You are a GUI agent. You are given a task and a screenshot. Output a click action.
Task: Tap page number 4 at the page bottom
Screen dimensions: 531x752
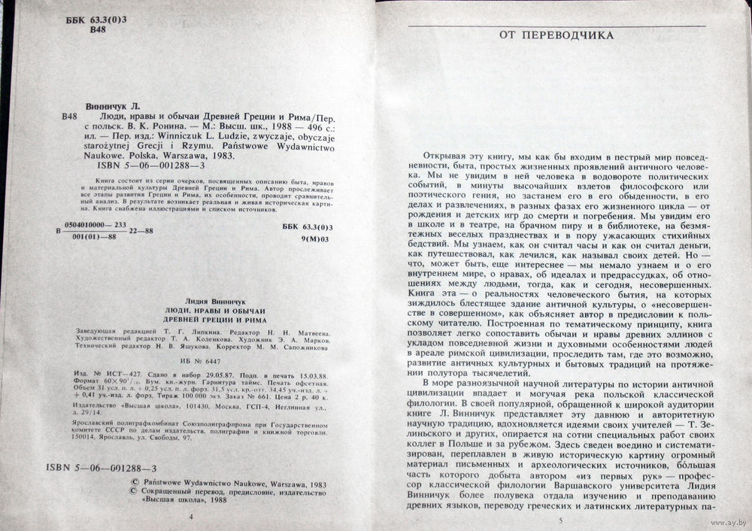[x=190, y=517]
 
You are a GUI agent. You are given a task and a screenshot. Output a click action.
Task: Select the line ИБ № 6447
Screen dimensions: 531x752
[x=191, y=361]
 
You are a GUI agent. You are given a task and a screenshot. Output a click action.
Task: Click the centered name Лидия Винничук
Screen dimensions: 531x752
[x=190, y=300]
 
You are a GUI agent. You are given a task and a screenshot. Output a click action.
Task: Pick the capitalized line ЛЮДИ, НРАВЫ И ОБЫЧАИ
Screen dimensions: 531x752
[x=189, y=311]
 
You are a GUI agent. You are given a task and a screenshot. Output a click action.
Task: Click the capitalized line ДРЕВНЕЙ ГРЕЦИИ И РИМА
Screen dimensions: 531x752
[x=190, y=320]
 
